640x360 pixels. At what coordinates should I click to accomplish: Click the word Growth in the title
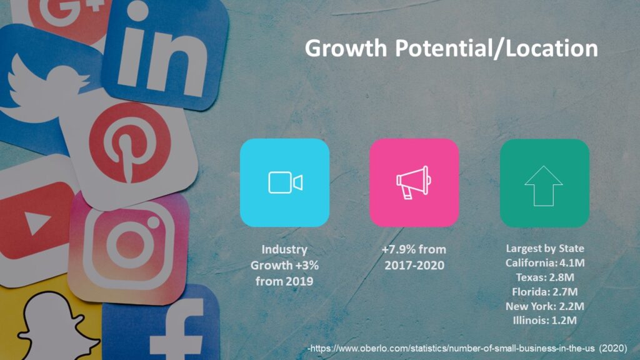coord(346,48)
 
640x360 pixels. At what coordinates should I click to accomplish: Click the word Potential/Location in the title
coord(496,49)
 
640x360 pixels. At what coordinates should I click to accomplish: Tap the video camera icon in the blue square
coord(285,182)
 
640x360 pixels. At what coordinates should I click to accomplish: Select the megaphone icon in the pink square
coord(414,182)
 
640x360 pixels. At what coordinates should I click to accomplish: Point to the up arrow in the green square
coord(543,186)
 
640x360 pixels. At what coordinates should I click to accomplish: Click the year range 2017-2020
coord(414,265)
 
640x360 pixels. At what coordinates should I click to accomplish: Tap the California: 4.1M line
coord(545,263)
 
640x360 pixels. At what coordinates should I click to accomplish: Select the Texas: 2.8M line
coord(545,277)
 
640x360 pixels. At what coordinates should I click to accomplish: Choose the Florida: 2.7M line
coord(545,292)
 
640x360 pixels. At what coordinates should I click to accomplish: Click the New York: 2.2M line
coord(545,306)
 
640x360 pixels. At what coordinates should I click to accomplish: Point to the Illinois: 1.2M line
coord(545,321)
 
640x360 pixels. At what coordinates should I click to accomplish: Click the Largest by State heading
coord(545,249)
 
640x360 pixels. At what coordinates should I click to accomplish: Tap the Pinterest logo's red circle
coord(130,143)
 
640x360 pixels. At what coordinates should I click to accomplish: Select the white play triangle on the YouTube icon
coord(37,223)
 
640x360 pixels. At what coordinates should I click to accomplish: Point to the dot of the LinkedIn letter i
coord(137,11)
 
